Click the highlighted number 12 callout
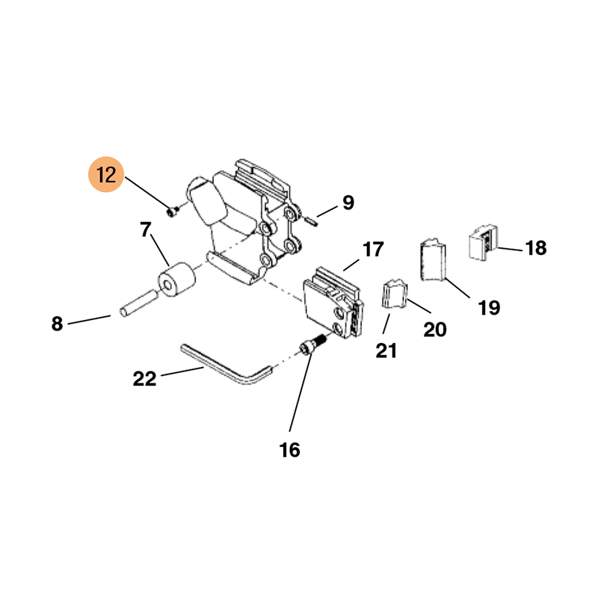pyautogui.click(x=106, y=176)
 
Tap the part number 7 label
pyautogui.click(x=146, y=229)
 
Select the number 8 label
pyautogui.click(x=58, y=324)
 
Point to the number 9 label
pyautogui.click(x=348, y=202)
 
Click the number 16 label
pyautogui.click(x=289, y=449)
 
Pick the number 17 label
pyautogui.click(x=373, y=249)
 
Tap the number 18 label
pyautogui.click(x=536, y=248)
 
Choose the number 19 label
pyautogui.click(x=489, y=307)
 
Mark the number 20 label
pyautogui.click(x=435, y=329)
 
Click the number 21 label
pyautogui.click(x=386, y=350)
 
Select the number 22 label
pyautogui.click(x=145, y=378)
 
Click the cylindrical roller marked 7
pyautogui.click(x=175, y=280)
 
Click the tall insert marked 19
pyautogui.click(x=431, y=260)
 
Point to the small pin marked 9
pyautogui.click(x=313, y=218)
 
